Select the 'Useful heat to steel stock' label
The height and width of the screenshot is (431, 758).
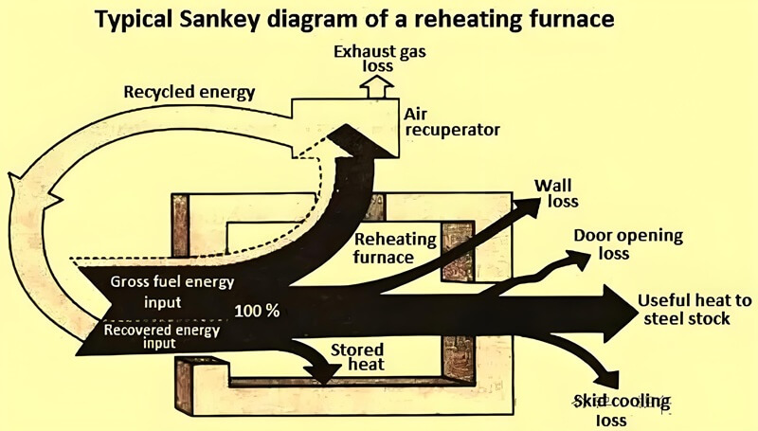pos(695,310)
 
